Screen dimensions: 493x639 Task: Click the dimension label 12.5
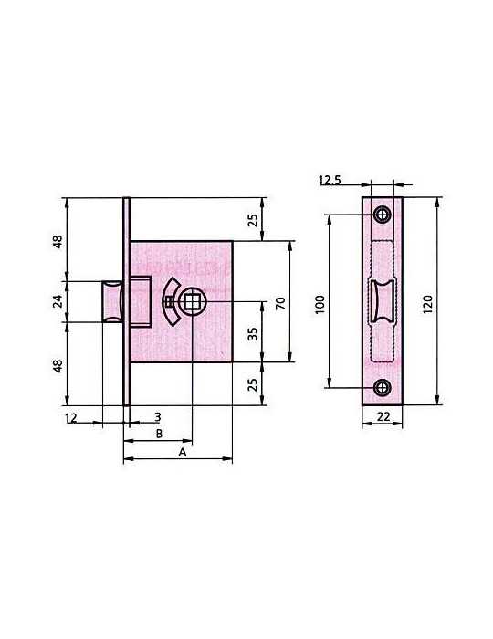tap(330, 180)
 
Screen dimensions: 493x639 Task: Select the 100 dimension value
tap(320, 304)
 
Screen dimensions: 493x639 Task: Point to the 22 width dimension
tap(383, 416)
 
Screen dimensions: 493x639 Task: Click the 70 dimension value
tap(280, 303)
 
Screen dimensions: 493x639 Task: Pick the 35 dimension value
tap(253, 334)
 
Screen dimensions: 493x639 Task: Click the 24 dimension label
tap(58, 301)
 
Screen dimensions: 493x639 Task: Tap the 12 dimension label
tap(71, 418)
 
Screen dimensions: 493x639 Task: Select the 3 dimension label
tap(158, 417)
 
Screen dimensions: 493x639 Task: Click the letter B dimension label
tap(159, 434)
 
